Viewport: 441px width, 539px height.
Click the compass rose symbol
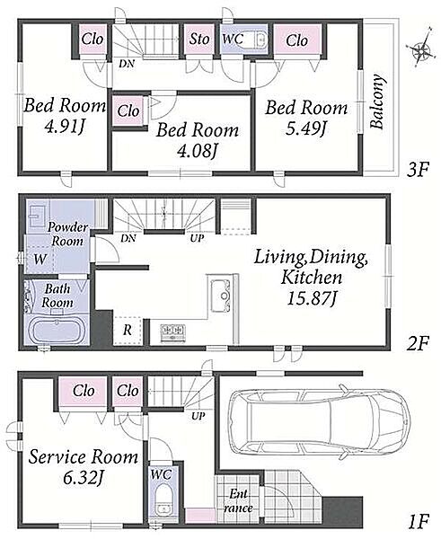pyautogui.click(x=420, y=49)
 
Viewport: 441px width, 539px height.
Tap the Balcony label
pyautogui.click(x=377, y=101)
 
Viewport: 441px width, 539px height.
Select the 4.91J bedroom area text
pyautogui.click(x=65, y=128)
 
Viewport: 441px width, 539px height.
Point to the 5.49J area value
pyautogui.click(x=306, y=128)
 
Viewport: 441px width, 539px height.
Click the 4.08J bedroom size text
pyautogui.click(x=198, y=151)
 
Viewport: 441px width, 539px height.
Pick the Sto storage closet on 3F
pyautogui.click(x=199, y=39)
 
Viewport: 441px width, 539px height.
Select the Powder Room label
pyautogui.click(x=67, y=234)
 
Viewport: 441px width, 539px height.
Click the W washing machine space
pyautogui.click(x=40, y=258)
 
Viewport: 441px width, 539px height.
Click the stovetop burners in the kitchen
pyautogui.click(x=173, y=332)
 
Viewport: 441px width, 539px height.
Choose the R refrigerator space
pyautogui.click(x=128, y=330)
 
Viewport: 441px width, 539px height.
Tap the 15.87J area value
pyautogui.click(x=311, y=298)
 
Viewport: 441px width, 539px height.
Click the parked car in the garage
pyautogui.click(x=320, y=421)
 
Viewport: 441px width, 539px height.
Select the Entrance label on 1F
pyautogui.click(x=238, y=501)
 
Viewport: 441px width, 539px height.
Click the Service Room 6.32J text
pyautogui.click(x=84, y=466)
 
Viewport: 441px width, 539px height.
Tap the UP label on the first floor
pyautogui.click(x=198, y=416)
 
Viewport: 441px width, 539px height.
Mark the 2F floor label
pyautogui.click(x=418, y=343)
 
